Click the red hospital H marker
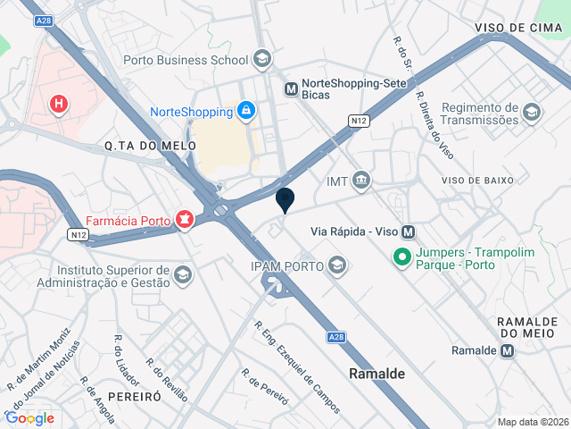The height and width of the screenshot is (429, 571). click(59, 105)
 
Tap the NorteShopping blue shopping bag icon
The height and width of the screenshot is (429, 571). click(245, 111)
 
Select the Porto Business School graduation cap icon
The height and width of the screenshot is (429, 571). click(262, 60)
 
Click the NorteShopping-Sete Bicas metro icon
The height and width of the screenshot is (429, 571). click(291, 88)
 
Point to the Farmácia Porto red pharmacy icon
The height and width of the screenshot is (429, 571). click(185, 219)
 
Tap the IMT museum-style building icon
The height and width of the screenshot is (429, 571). click(361, 181)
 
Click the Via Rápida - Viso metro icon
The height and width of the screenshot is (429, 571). click(409, 231)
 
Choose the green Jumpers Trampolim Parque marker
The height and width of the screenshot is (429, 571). click(402, 259)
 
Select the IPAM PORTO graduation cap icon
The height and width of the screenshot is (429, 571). click(337, 265)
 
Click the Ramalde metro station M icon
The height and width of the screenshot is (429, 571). click(508, 350)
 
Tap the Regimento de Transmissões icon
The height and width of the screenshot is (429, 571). click(532, 112)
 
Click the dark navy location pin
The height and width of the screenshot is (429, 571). click(285, 200)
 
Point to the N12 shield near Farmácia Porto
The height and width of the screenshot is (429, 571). click(78, 235)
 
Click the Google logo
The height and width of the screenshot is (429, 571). click(29, 417)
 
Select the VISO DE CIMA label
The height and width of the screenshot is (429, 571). click(517, 28)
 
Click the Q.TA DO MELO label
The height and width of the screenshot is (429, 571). click(137, 146)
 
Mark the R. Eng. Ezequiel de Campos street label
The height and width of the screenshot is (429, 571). click(297, 367)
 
